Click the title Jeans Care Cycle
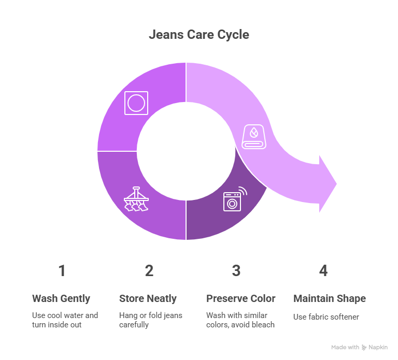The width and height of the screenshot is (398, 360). click(x=199, y=35)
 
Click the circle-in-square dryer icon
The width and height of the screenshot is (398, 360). click(x=136, y=103)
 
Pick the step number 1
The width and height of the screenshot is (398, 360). click(x=62, y=271)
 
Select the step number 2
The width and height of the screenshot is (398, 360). click(x=149, y=271)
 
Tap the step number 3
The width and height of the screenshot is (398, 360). click(x=236, y=271)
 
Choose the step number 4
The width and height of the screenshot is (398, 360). click(x=323, y=271)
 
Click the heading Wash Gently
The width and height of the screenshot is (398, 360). click(x=61, y=298)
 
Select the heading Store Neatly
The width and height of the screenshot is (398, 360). click(x=148, y=298)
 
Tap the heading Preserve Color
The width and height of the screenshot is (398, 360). click(x=241, y=298)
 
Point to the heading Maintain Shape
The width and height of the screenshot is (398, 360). click(x=330, y=298)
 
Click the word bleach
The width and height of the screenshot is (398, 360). click(x=263, y=325)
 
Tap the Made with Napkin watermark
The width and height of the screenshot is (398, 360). click(x=359, y=348)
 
